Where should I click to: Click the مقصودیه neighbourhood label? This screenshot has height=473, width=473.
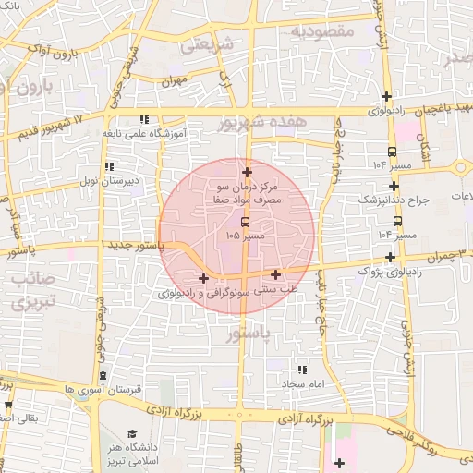[x=322, y=31]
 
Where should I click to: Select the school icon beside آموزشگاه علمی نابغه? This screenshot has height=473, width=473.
[x=143, y=119]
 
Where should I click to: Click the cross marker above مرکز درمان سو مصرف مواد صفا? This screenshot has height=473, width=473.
[x=247, y=172]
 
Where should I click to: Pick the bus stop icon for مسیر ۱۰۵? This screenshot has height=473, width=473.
[x=245, y=222]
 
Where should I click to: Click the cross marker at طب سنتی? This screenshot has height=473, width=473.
[x=276, y=273]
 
